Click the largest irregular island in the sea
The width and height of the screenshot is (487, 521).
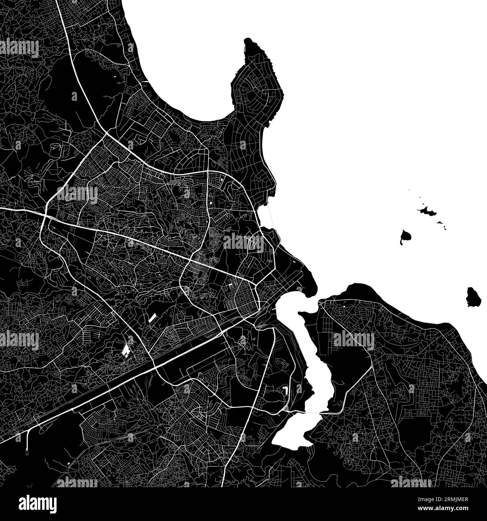click(427, 211)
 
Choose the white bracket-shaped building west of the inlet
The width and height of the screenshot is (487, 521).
click(285, 390)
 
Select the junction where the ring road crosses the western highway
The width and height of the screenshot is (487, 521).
click(45, 217)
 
